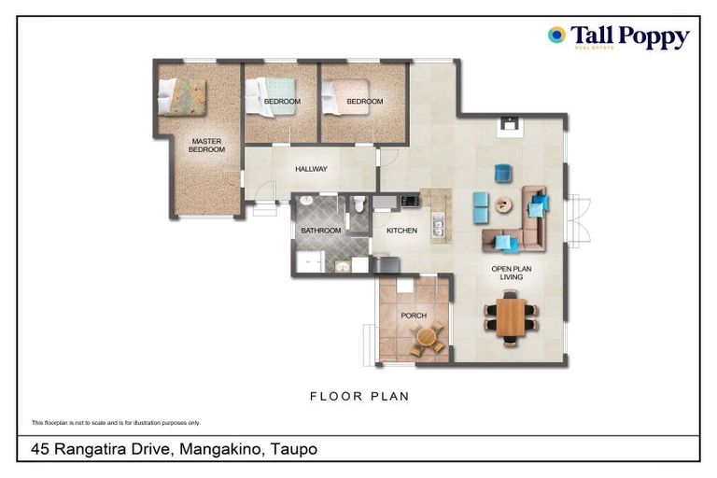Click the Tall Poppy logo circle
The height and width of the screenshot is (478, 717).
557,35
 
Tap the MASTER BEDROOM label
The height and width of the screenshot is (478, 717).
206,145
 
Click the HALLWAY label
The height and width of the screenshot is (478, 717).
311,169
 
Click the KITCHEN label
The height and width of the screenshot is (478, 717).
401,230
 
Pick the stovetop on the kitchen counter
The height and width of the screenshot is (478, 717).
409,201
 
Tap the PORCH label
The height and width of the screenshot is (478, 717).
414,316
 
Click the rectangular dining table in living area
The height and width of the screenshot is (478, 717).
511,317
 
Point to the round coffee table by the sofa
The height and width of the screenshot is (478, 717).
504,204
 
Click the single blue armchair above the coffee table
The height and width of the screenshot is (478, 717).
503,173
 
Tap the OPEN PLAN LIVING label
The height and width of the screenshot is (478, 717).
511,273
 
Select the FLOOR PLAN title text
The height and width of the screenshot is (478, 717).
359,397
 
